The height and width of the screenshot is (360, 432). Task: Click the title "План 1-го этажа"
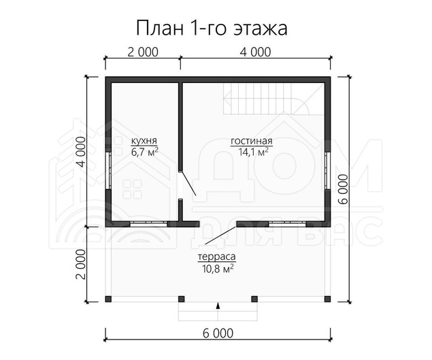(x=212, y=28)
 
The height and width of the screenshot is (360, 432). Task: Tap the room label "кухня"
(x=144, y=141)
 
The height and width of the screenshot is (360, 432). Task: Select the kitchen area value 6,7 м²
(x=145, y=152)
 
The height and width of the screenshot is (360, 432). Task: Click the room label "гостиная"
(x=252, y=141)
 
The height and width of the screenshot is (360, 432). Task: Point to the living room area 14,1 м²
(x=253, y=152)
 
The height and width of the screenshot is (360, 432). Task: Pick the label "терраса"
(x=217, y=257)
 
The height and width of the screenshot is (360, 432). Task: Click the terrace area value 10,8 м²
(x=218, y=268)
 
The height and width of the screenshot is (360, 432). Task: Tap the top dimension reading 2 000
(x=143, y=52)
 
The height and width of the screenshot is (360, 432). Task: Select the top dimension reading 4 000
(x=255, y=52)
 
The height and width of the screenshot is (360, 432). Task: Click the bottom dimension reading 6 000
(x=218, y=333)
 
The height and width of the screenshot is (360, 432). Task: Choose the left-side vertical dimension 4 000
(x=82, y=152)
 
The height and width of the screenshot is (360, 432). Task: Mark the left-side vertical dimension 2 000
(x=82, y=264)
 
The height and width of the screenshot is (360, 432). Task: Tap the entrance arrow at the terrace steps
(x=218, y=305)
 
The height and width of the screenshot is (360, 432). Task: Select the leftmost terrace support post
(x=108, y=299)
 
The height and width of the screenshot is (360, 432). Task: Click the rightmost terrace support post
(x=327, y=299)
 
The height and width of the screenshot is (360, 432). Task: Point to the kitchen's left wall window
(x=108, y=170)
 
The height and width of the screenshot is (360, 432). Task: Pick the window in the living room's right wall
(x=327, y=170)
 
